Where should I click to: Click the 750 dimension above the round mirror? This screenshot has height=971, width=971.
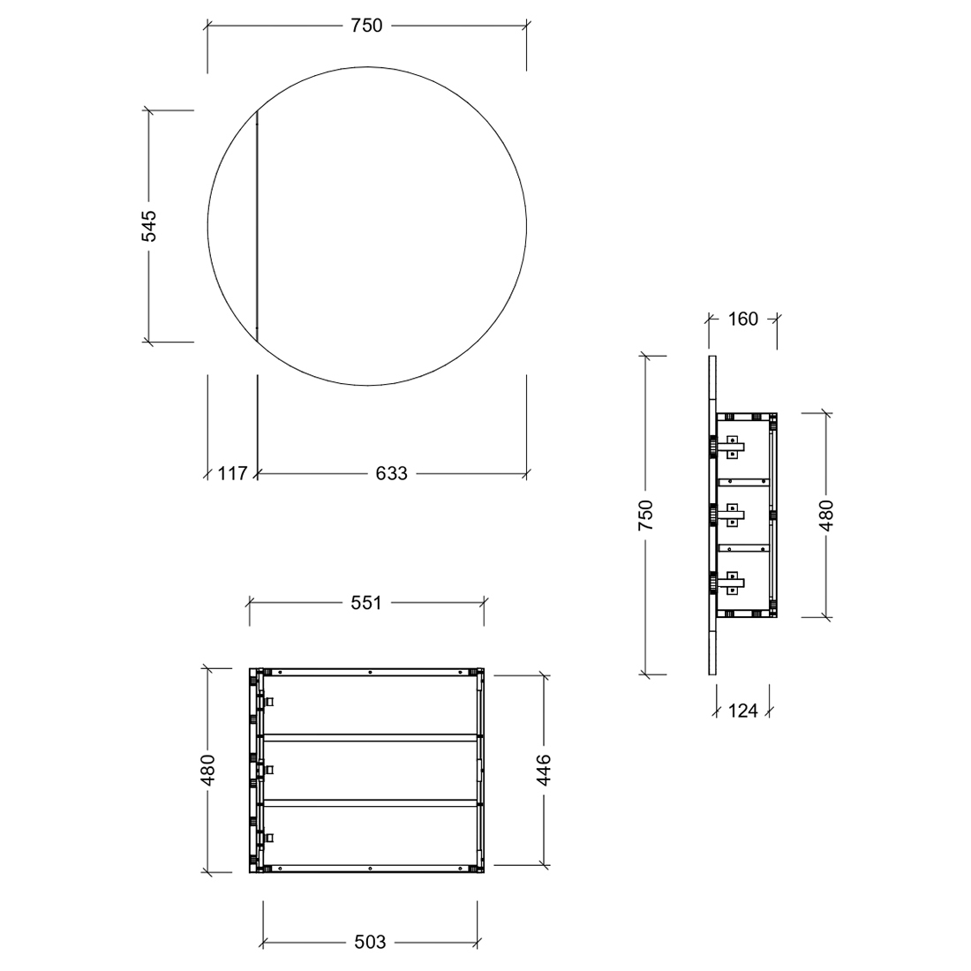[x=366, y=26]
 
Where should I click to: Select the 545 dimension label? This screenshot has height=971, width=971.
[x=149, y=226]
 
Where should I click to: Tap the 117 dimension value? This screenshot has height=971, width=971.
[x=232, y=474]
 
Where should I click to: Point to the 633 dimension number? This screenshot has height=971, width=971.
[x=391, y=474]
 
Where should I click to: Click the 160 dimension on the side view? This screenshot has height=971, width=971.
[x=742, y=319]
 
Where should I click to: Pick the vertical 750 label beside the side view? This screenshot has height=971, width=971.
[x=645, y=515]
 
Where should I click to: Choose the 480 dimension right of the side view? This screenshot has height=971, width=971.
[x=827, y=515]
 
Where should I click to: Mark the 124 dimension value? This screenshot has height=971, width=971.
[x=742, y=711]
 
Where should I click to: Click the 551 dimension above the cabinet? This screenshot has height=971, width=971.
[x=366, y=603]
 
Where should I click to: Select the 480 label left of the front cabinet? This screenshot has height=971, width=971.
[x=207, y=770]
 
